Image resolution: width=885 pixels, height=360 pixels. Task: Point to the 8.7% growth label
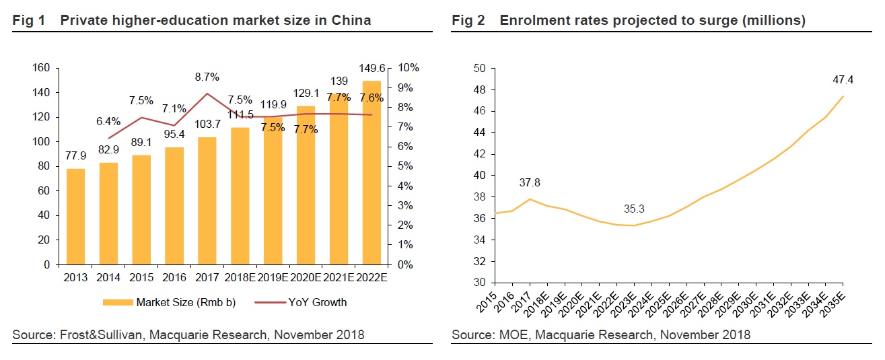(x=207, y=77)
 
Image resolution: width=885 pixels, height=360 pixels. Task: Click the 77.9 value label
(x=75, y=156)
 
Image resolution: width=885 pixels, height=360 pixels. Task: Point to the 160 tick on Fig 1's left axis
(x=42, y=68)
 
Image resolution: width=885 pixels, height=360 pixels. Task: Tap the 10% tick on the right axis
(x=409, y=68)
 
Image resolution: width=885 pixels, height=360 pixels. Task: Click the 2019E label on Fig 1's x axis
(x=273, y=277)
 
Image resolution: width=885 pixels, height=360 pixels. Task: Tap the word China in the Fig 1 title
(x=351, y=20)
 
